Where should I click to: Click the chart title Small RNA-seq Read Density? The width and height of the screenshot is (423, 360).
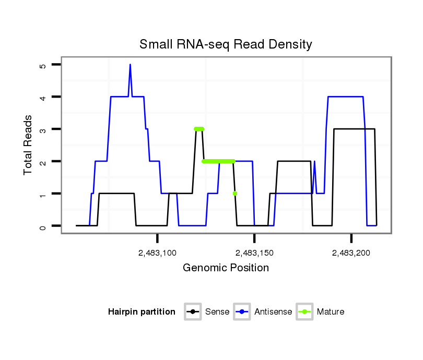[226, 44]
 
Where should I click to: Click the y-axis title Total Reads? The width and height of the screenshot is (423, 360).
[29, 145]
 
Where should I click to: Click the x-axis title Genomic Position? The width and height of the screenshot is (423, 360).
[226, 268]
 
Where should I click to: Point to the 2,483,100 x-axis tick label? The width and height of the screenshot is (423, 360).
[157, 253]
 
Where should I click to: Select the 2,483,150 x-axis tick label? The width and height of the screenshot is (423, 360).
[254, 253]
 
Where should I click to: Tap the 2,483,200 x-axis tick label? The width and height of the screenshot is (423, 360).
[351, 253]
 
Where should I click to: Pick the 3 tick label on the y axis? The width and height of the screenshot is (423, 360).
[43, 129]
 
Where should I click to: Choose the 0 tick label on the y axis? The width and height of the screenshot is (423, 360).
[43, 226]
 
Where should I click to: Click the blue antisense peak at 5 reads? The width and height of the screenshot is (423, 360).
[130, 65]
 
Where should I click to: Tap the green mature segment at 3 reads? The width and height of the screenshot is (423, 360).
[199, 129]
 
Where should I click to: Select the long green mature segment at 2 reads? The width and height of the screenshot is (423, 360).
[218, 161]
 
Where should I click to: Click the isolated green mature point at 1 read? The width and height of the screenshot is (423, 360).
[235, 194]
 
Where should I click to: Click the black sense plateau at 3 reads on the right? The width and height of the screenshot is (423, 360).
[354, 129]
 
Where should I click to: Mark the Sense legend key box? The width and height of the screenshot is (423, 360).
[193, 312]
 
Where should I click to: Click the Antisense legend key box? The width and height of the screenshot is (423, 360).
[242, 312]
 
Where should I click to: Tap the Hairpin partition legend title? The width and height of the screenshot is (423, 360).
[142, 312]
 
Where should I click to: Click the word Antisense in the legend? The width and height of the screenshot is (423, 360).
[273, 312]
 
